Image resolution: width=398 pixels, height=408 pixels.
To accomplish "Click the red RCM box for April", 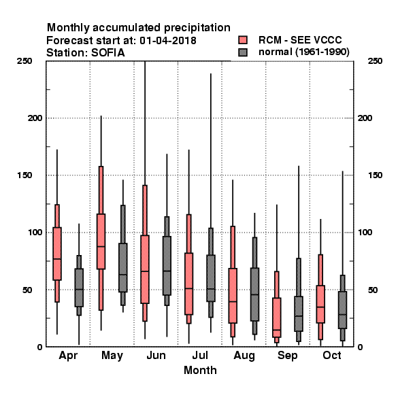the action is point(57,254).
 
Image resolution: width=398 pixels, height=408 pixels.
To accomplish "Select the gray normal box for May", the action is point(123,267).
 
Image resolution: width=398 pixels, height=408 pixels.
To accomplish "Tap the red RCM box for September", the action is point(277,318).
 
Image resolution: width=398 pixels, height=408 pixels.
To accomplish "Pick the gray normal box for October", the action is point(343,310).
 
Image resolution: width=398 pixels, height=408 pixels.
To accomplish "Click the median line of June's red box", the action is point(145,271).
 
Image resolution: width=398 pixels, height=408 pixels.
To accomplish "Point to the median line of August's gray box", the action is point(255,294).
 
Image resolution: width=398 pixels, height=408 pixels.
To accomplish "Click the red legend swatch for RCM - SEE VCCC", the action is point(243,40).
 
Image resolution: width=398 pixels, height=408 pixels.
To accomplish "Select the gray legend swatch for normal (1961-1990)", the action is point(243,52).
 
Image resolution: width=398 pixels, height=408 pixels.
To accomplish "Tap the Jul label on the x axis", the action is point(200,356).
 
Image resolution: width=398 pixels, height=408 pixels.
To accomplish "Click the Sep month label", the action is point(287,356).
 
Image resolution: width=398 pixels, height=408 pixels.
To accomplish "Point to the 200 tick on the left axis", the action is point(35,118).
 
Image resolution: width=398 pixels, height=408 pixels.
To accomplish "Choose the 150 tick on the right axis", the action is point(375,175).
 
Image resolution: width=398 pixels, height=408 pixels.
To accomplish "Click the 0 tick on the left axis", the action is point(39,347).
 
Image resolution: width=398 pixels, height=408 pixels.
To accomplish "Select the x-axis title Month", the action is point(200,371).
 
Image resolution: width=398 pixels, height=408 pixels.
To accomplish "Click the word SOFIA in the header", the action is point(108,53).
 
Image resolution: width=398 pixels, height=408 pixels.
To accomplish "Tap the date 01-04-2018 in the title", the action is point(168,41).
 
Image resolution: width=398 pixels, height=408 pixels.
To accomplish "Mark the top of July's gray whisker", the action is point(211,73).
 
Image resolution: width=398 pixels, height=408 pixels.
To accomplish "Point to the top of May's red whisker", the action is point(101,116).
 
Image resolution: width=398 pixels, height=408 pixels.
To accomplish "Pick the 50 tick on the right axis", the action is point(373,290).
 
